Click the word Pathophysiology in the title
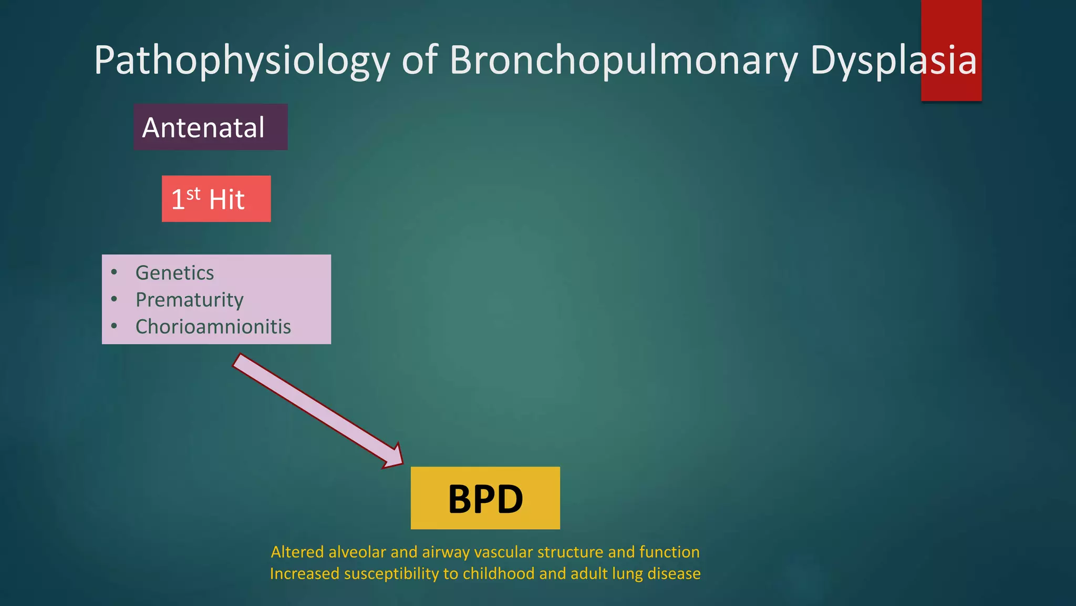(242, 61)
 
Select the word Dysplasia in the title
(893, 61)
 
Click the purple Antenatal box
(210, 127)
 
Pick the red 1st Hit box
(216, 199)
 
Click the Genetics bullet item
(174, 273)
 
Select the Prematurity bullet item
(189, 300)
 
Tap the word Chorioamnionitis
(213, 327)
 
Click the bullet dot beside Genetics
(114, 272)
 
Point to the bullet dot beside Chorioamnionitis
(114, 326)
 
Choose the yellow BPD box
(485, 498)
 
